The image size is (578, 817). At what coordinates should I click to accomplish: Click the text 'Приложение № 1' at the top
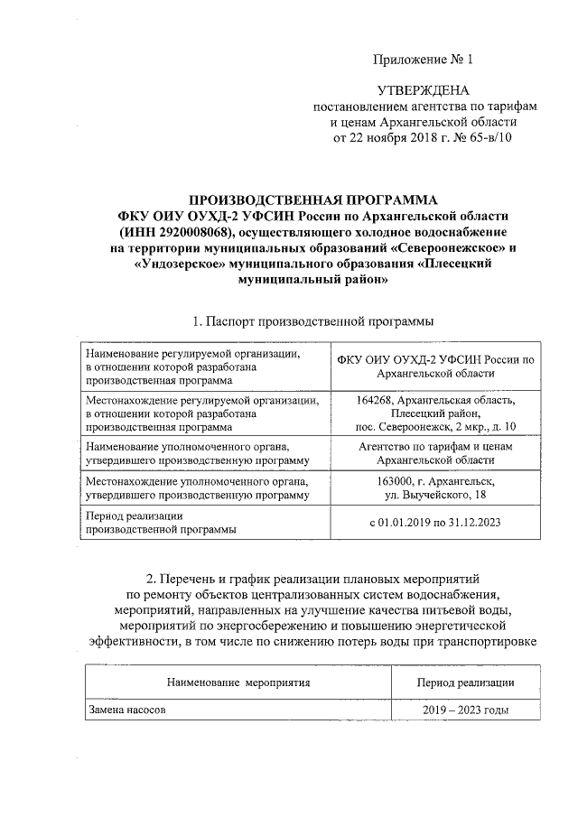423,60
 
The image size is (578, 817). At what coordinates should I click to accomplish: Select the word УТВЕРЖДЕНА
424,90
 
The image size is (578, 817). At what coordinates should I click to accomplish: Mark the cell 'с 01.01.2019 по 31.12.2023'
435,523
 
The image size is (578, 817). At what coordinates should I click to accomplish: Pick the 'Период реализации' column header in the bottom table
466,682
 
